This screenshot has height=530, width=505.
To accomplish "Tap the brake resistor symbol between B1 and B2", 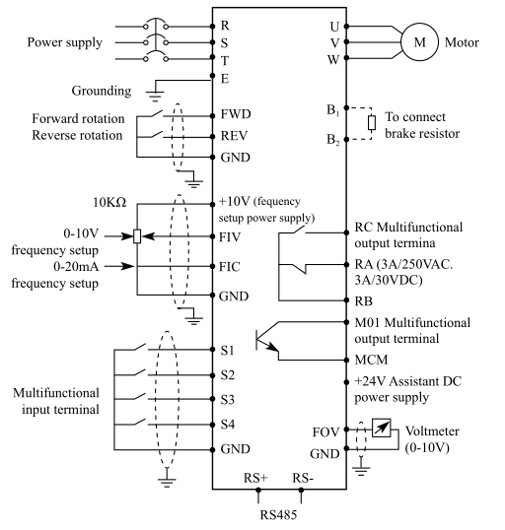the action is coord(372,123).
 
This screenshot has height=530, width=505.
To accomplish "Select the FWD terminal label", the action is coord(236,114).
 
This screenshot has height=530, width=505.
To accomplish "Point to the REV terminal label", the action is coord(234,136).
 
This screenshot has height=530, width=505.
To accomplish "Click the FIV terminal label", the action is coord(230,237).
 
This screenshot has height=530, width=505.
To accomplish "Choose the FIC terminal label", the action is coord(230,267).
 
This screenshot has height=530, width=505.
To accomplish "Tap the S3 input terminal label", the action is coord(228,400).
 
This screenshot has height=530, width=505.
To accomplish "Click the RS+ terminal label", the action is coord(255,478).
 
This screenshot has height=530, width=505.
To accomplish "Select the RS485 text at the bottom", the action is coord(278,515).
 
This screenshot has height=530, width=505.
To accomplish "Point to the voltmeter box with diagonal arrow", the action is coord(381,428).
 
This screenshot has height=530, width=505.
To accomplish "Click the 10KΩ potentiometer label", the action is coord(109,203).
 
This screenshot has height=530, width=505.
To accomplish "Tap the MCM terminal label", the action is coord(371,360).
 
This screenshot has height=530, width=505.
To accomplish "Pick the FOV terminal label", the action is coord(325,432).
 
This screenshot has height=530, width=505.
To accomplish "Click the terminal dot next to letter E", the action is coord(213,76).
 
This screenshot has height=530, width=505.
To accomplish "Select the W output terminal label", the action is coord(333,60).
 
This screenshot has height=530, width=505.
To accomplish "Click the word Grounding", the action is coord(102,91).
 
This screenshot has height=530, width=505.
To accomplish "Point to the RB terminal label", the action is coord(364,301).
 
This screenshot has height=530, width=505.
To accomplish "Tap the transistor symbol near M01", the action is coord(267,341).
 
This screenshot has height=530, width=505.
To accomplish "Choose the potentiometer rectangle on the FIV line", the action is coord(137,236).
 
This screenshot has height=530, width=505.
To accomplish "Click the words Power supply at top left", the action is coord(65,43).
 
